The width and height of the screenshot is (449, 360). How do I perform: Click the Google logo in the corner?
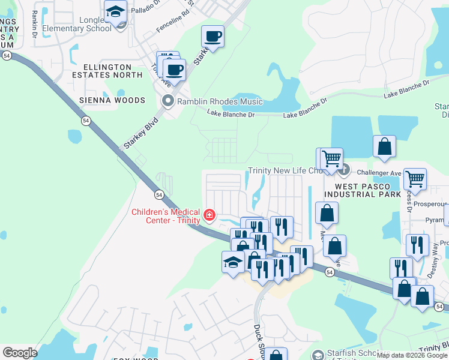(20, 353)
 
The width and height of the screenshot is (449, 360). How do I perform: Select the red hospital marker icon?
(209, 215)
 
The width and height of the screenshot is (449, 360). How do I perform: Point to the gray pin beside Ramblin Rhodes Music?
(167, 101)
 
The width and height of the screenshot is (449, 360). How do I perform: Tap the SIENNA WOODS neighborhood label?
(113, 100)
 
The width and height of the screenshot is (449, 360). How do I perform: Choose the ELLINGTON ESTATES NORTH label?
(107, 71)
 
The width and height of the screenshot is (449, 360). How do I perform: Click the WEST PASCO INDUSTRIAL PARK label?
(363, 190)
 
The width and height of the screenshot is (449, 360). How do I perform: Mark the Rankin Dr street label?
(35, 23)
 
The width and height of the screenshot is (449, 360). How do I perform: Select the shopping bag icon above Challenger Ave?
(384, 146)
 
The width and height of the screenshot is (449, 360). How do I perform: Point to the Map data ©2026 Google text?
(412, 355)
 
